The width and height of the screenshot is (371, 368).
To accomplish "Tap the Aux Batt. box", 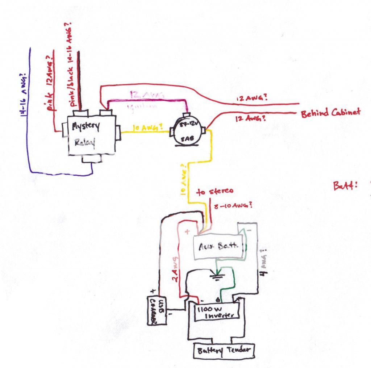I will [219, 246].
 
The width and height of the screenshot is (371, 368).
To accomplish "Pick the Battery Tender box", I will [224, 351].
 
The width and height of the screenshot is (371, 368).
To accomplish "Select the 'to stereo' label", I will [215, 192].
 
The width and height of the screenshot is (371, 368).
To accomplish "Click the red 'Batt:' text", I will [345, 185].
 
